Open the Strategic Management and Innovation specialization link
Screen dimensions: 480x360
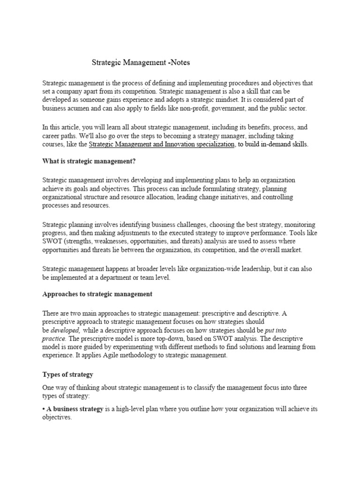coord(161,145)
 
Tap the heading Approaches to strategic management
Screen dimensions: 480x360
coord(97,294)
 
